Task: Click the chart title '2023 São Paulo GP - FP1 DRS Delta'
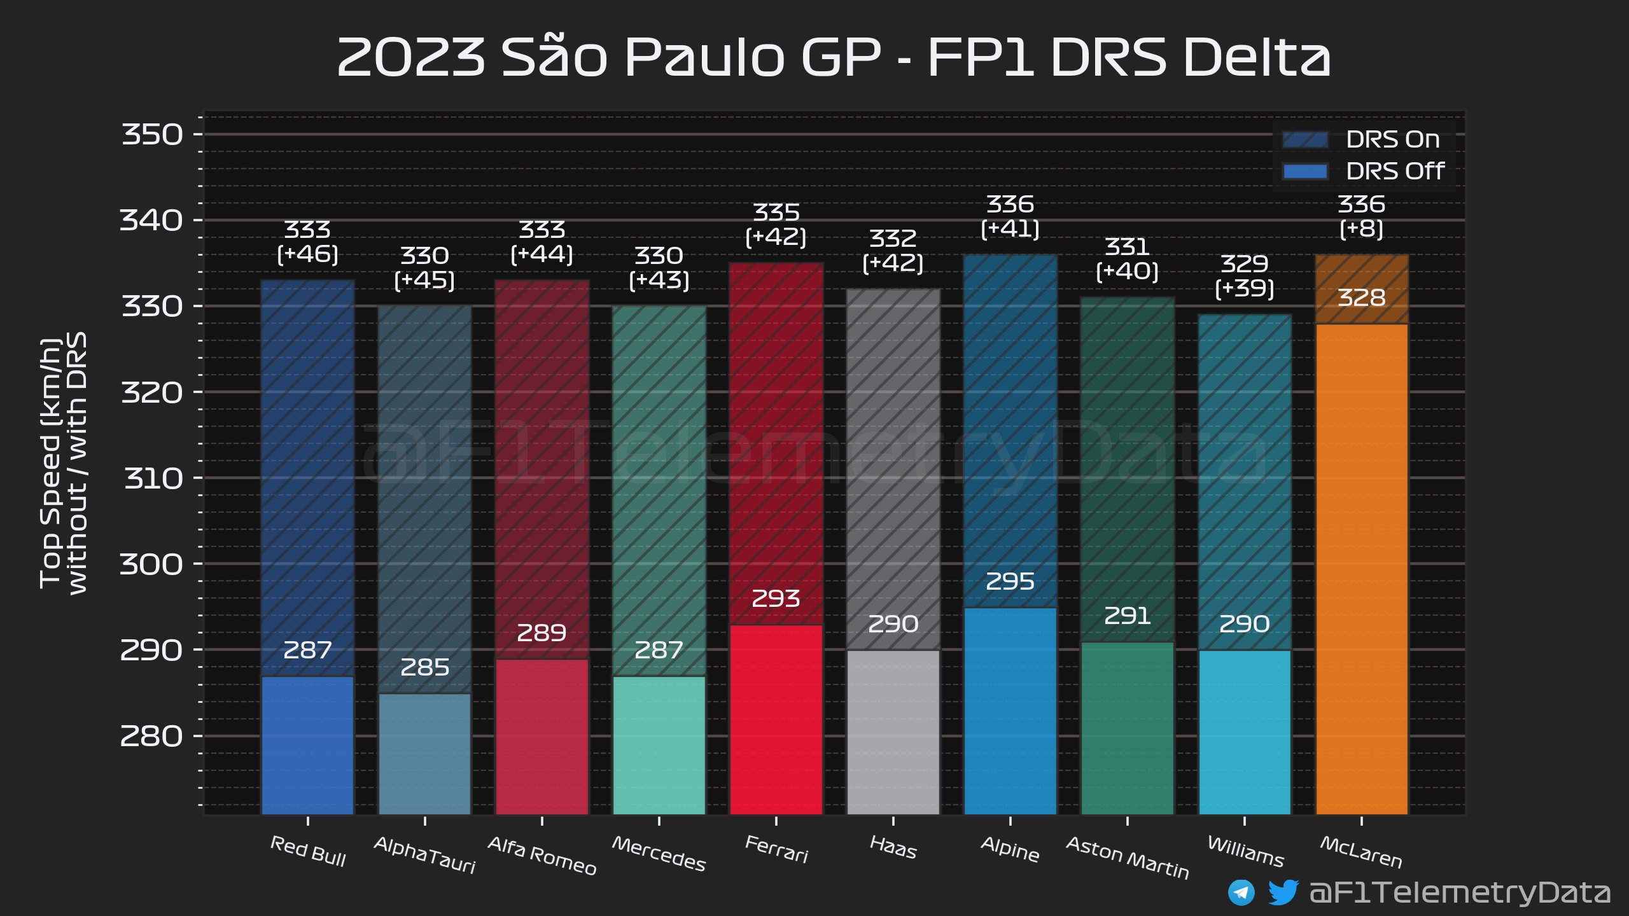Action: (833, 57)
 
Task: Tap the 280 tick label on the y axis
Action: (151, 736)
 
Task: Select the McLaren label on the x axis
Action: (1361, 852)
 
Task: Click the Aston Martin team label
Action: (1127, 857)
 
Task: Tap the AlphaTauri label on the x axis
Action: (424, 854)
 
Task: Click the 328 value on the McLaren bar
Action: (1361, 298)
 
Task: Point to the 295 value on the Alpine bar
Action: (1010, 581)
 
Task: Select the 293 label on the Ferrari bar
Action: (776, 599)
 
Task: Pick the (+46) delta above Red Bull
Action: (307, 254)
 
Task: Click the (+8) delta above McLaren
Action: (1361, 229)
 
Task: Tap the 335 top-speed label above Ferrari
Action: (776, 212)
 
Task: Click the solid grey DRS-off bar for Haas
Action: (893, 732)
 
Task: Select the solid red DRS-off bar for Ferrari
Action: (776, 719)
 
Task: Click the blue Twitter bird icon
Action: (1282, 892)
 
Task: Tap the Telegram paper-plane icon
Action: (1241, 892)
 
